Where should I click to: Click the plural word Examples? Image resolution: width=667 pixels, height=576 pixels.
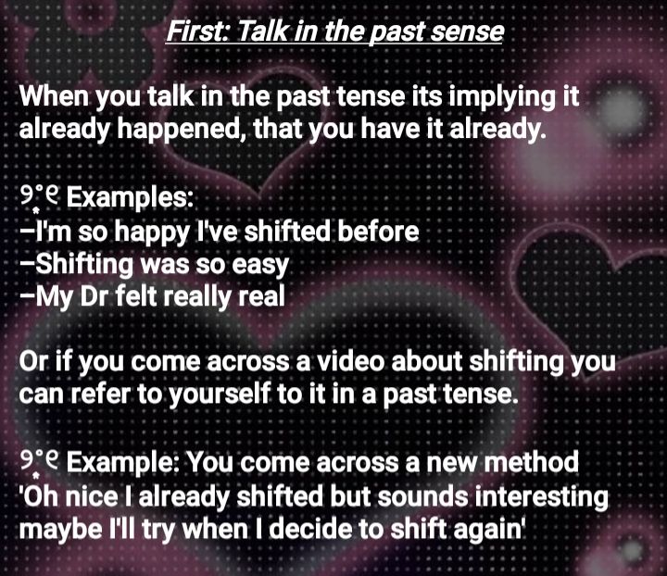(130, 198)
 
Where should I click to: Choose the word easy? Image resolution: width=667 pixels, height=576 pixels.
(260, 266)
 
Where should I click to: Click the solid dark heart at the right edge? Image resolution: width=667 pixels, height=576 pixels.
(591, 274)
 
